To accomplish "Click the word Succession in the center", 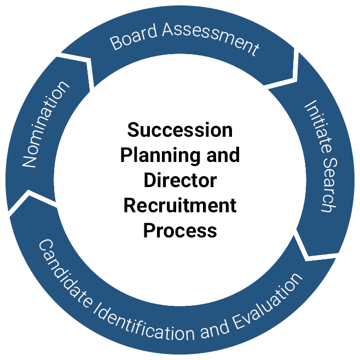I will (x=180, y=130).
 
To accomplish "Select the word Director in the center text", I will (x=180, y=180).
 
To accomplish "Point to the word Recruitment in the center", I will (x=180, y=205).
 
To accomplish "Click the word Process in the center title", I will (x=180, y=230).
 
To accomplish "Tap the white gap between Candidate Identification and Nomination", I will (x=30, y=202).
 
